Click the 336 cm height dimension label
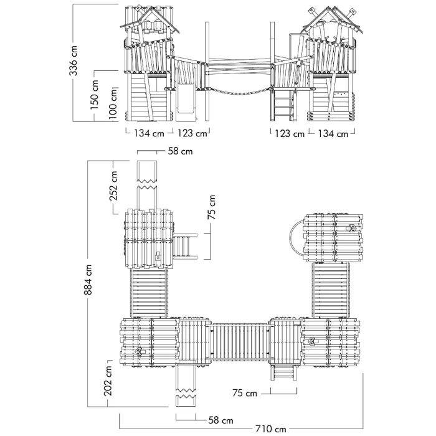[73, 61]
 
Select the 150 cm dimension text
[94, 95]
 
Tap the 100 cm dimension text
[113, 104]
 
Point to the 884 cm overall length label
[88, 280]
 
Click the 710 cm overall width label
[270, 429]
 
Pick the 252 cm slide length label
[113, 186]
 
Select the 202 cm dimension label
[108, 381]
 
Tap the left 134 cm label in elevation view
[149, 133]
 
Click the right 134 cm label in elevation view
[333, 134]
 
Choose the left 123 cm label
[192, 133]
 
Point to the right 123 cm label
[290, 134]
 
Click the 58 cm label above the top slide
[180, 151]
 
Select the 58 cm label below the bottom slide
[220, 420]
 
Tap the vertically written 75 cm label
[212, 207]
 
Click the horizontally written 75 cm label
[245, 393]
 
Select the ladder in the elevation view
[283, 106]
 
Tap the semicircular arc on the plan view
[291, 239]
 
